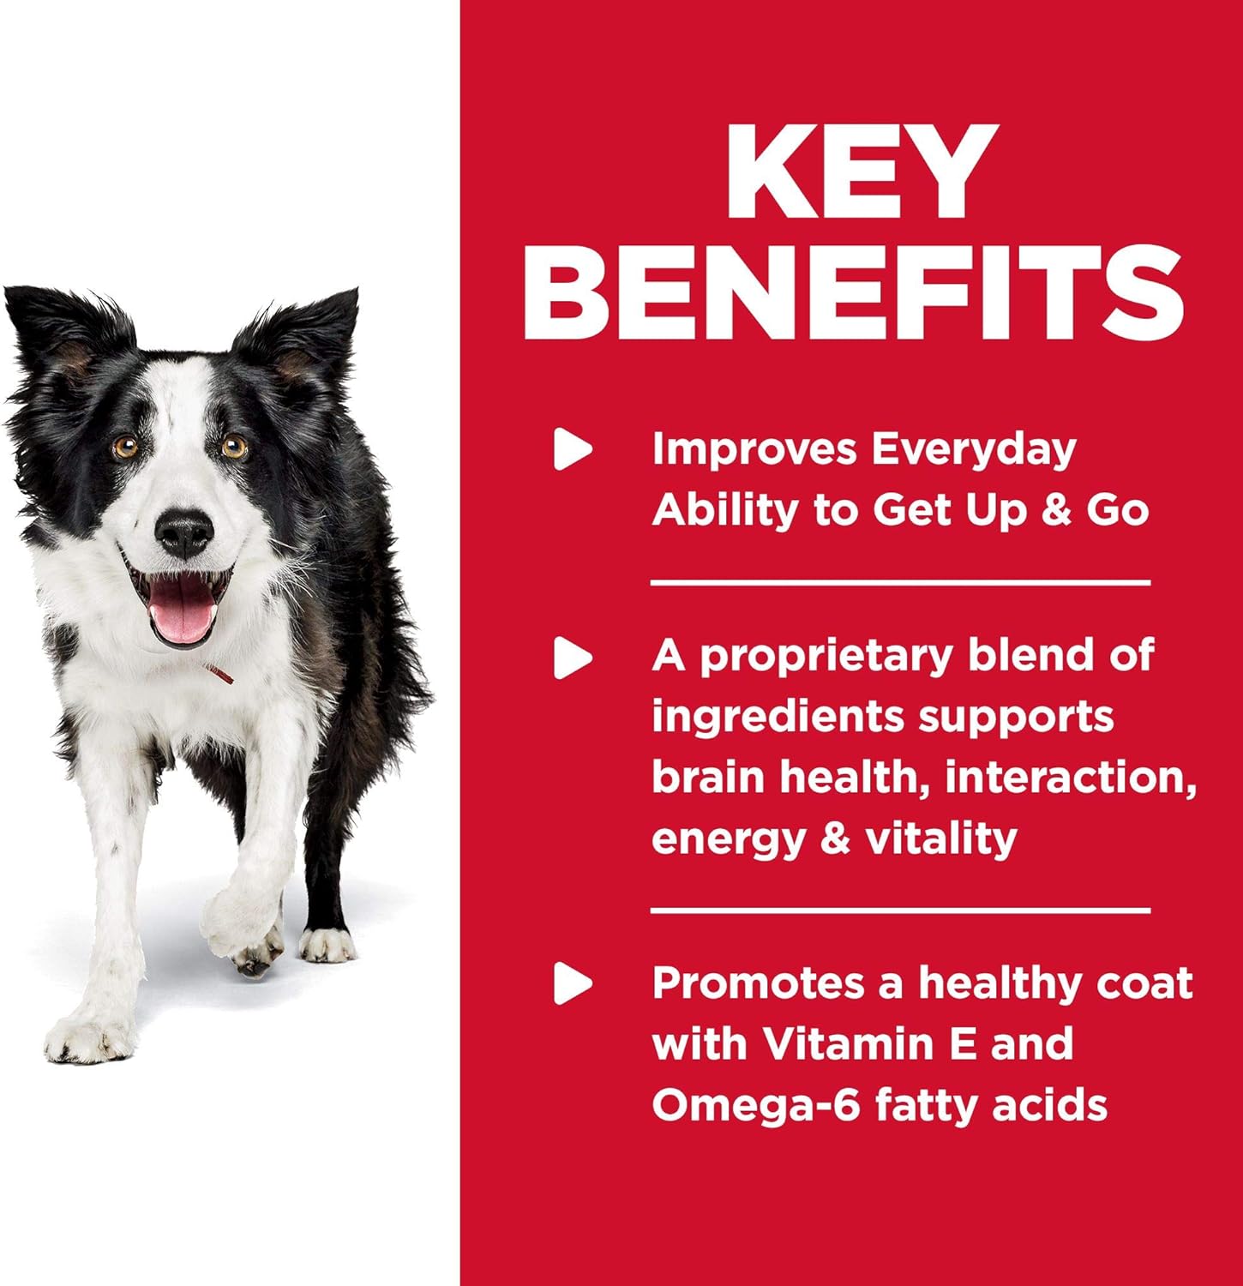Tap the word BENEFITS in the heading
click(854, 291)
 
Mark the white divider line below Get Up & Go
click(900, 583)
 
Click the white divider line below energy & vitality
click(900, 910)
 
